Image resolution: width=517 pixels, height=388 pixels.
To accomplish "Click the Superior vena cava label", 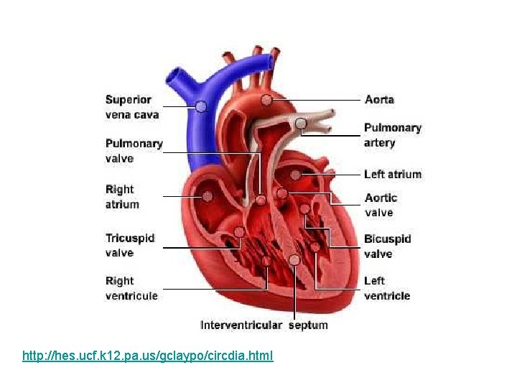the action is [132, 107].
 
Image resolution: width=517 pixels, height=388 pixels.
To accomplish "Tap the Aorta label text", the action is [379, 99].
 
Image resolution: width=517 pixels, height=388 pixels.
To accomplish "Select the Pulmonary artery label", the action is [392, 135].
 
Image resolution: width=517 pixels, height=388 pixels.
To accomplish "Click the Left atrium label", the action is [392, 174].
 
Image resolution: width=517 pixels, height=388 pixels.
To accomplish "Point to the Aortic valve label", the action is [381, 205].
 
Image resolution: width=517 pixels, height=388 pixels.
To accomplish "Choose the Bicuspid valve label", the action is [387, 246].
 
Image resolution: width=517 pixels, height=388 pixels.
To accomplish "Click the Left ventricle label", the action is [387, 288].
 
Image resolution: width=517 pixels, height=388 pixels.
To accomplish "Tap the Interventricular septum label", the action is [264, 325].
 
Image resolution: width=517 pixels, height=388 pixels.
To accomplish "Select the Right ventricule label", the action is [131, 288].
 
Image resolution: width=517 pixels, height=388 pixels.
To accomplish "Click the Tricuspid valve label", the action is [130, 245].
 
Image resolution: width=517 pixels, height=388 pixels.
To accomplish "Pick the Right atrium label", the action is [122, 197].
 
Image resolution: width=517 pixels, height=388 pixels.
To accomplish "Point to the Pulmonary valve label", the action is [134, 151].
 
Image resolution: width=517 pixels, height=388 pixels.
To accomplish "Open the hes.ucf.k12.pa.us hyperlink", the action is [148, 356].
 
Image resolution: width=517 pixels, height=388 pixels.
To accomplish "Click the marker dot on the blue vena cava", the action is [201, 106].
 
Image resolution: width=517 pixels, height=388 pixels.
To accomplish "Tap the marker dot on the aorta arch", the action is [266, 99].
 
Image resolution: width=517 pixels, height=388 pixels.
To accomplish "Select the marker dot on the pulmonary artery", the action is [303, 124].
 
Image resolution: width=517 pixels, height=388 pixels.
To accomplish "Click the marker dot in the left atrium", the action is [295, 175].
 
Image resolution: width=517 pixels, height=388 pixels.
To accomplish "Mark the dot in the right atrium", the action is [207, 195].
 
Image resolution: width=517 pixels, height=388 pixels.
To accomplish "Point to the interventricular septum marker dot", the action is [294, 259].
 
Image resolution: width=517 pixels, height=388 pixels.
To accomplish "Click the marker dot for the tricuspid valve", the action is [238, 232].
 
